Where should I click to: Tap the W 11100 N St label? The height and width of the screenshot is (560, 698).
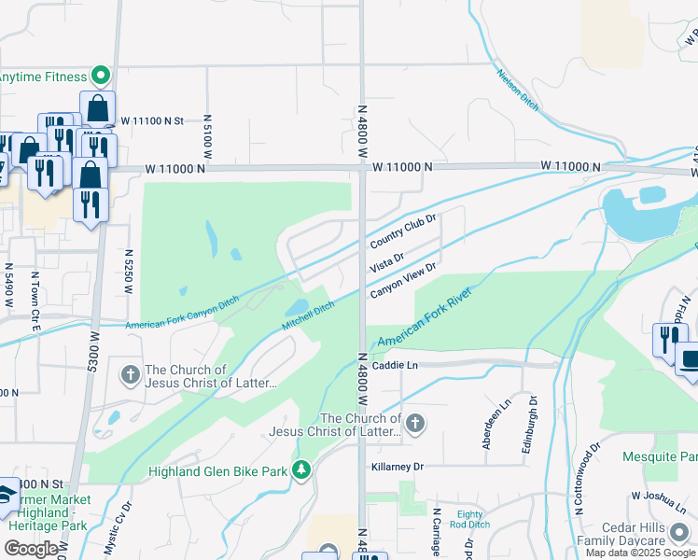(152, 120)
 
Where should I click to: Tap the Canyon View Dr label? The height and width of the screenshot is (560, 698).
(403, 280)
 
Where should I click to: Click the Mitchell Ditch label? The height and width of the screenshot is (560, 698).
(308, 315)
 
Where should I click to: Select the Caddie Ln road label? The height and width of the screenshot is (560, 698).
(393, 368)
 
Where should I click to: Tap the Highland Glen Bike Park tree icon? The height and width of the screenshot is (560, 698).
(300, 469)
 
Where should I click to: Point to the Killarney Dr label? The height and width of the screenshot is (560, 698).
(397, 466)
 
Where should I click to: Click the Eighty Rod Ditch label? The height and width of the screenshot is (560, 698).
(472, 520)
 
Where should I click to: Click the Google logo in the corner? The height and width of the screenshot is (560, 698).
(31, 548)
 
